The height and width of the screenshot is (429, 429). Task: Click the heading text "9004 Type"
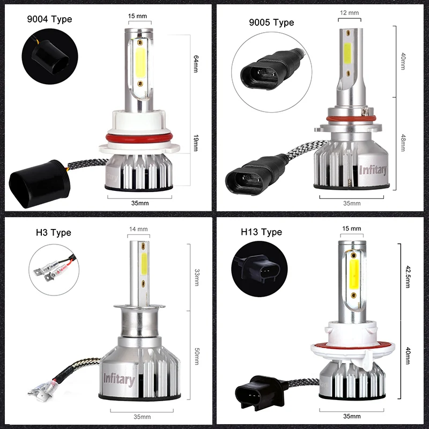click(49, 19)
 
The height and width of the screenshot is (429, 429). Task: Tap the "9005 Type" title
click(271, 23)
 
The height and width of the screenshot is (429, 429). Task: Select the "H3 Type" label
click(53, 233)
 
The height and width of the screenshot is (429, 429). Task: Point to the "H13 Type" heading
click(261, 232)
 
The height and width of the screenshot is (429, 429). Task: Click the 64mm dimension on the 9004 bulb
click(196, 64)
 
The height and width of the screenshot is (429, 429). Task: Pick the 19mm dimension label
click(196, 143)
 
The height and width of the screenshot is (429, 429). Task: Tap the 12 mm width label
click(349, 12)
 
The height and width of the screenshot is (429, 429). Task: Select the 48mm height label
click(403, 143)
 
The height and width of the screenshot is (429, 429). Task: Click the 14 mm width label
click(138, 229)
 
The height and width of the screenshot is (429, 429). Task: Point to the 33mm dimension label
click(197, 277)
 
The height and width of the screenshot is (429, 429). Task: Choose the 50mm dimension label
click(197, 356)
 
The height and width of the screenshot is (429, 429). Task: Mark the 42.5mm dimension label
click(408, 277)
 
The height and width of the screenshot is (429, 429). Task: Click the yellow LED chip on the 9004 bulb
click(140, 63)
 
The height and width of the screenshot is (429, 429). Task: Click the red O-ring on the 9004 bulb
click(139, 138)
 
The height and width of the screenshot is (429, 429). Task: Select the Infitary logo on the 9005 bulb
click(373, 170)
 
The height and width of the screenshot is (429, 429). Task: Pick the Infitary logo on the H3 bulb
click(119, 379)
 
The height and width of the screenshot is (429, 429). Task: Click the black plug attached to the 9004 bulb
click(40, 184)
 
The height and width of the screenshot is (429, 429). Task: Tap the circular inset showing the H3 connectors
click(54, 270)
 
